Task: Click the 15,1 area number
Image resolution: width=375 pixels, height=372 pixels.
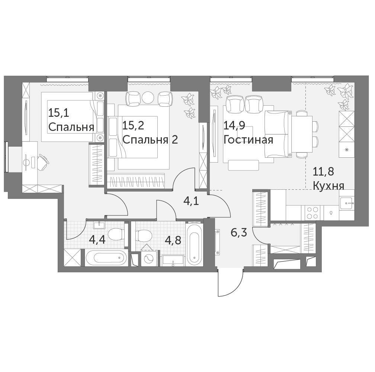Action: [x=59, y=113]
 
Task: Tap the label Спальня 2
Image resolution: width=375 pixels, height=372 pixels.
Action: [x=150, y=139]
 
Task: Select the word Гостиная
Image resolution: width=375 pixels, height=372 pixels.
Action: [x=248, y=139]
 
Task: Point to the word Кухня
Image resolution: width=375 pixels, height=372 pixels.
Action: [x=328, y=186]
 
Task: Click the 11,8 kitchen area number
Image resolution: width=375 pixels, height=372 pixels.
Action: [x=323, y=171]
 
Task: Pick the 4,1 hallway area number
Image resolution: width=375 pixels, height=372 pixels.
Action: [x=191, y=201]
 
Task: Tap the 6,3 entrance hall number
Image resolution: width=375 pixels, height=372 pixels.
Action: [x=239, y=232]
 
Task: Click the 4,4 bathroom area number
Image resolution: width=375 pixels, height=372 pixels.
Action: [x=97, y=239]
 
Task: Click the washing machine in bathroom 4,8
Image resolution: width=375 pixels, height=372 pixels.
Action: [x=149, y=259]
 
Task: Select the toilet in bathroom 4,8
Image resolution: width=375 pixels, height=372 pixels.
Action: [x=144, y=236]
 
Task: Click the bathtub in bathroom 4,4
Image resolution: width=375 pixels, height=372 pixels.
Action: [x=106, y=258]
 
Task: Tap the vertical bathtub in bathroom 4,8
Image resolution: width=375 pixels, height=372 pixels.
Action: [x=194, y=244]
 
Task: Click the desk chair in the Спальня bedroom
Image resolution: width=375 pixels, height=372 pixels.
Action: [x=43, y=162]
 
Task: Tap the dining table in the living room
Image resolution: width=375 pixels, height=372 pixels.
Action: [x=302, y=134]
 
